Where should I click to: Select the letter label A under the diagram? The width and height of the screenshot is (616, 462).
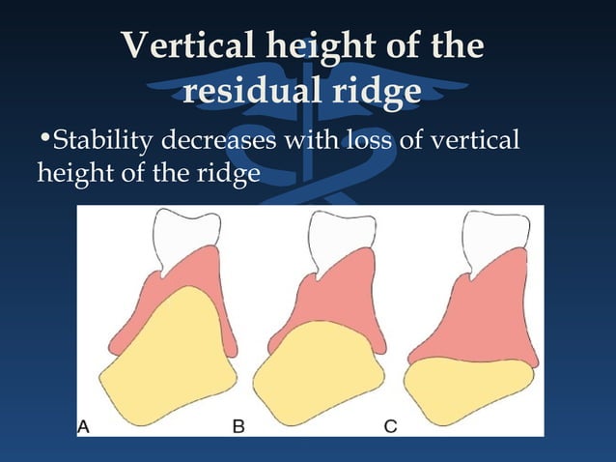[85, 423]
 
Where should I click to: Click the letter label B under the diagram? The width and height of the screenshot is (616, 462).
[237, 423]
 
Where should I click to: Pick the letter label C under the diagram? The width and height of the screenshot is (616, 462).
[392, 423]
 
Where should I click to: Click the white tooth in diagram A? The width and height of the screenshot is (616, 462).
[185, 236]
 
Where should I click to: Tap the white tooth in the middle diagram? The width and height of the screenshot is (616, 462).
[338, 237]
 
